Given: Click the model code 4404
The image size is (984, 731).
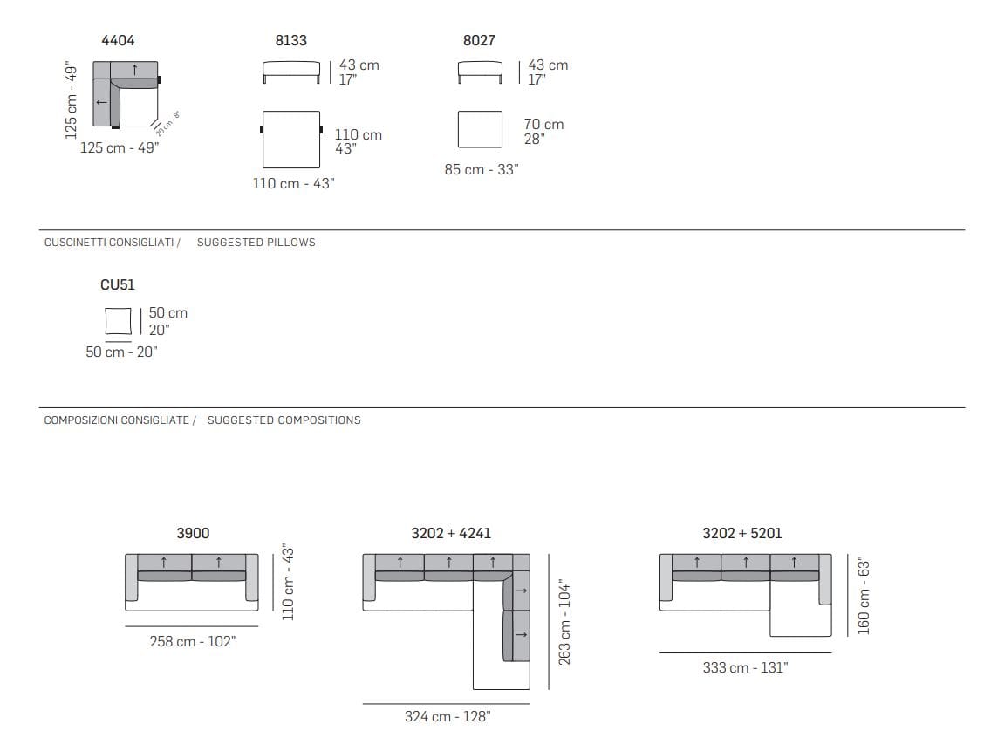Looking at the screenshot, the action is point(118,41).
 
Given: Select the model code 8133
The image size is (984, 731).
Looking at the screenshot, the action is point(291,41).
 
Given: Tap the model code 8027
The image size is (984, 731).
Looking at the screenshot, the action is point(480,41).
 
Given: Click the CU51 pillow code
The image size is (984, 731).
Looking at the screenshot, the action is point(118,285).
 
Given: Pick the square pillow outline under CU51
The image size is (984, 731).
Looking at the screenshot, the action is point(119,321).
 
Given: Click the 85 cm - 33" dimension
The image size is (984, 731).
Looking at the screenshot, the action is point(482,169).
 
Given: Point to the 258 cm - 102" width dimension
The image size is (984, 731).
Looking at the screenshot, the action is point(193,641).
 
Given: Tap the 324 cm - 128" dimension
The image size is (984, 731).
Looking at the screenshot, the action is point(448,716).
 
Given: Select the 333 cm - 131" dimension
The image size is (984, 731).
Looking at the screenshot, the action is point(746,667).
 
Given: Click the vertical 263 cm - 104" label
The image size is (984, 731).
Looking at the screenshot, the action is point(564,622).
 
